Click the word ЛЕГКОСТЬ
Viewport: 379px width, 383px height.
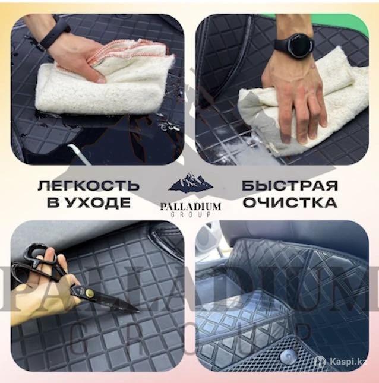click(x=89, y=186)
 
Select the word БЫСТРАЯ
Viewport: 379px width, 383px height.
click(x=290, y=186)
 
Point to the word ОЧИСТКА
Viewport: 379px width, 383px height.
click(x=290, y=202)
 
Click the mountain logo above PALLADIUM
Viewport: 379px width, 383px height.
click(x=190, y=182)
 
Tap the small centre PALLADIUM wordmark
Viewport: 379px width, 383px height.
click(x=191, y=207)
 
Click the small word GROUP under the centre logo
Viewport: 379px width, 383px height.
click(x=191, y=215)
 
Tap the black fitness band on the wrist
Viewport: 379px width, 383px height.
click(x=52, y=36)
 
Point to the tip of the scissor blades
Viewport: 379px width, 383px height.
click(x=138, y=311)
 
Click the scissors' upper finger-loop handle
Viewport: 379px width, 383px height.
click(x=37, y=254)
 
